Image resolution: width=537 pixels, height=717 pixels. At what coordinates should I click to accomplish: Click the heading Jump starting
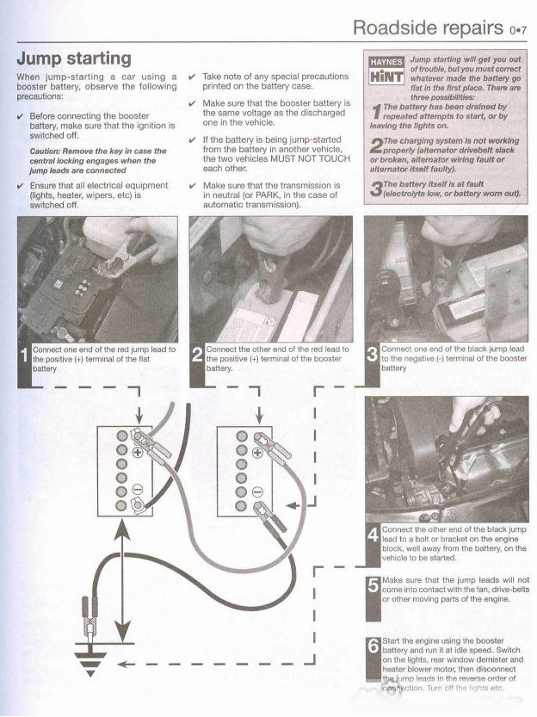[x=74, y=59]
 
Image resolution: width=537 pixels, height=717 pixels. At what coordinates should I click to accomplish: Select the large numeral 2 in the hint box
[x=376, y=144]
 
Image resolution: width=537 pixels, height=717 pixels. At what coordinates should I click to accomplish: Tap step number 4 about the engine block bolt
[x=373, y=538]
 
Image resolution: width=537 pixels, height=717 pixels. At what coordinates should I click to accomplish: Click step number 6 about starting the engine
[x=373, y=647]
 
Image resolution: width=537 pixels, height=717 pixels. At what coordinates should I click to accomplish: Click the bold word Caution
[x=50, y=150]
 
